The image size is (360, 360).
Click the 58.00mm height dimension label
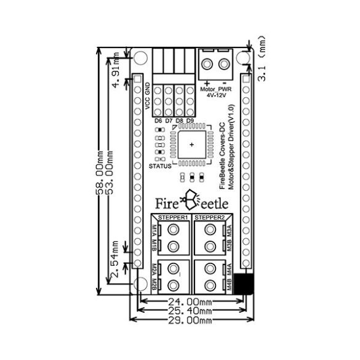[x=99, y=172]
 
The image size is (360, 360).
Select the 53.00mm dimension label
[x=110, y=172]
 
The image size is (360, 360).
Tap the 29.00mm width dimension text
[x=190, y=320]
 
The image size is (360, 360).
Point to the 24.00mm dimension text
[x=190, y=302]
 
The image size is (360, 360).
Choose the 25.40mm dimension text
[x=190, y=311]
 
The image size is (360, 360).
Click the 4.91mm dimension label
[x=116, y=70]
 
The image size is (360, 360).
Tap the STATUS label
[x=160, y=166]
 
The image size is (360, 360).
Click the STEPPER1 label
[x=173, y=217]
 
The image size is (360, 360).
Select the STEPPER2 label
[x=209, y=217]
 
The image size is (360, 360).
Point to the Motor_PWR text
[x=216, y=89]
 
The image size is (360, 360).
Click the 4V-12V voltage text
[x=216, y=95]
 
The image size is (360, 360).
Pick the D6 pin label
[x=158, y=121]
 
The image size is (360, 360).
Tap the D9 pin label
[x=190, y=121]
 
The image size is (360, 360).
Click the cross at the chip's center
[x=192, y=145]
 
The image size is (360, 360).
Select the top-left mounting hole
[x=140, y=58]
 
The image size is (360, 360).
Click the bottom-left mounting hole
[x=140, y=283]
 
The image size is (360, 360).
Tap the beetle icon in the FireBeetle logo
[x=190, y=200]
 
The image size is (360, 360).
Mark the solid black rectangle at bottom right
[x=243, y=284]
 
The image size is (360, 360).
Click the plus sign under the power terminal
[x=207, y=83]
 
